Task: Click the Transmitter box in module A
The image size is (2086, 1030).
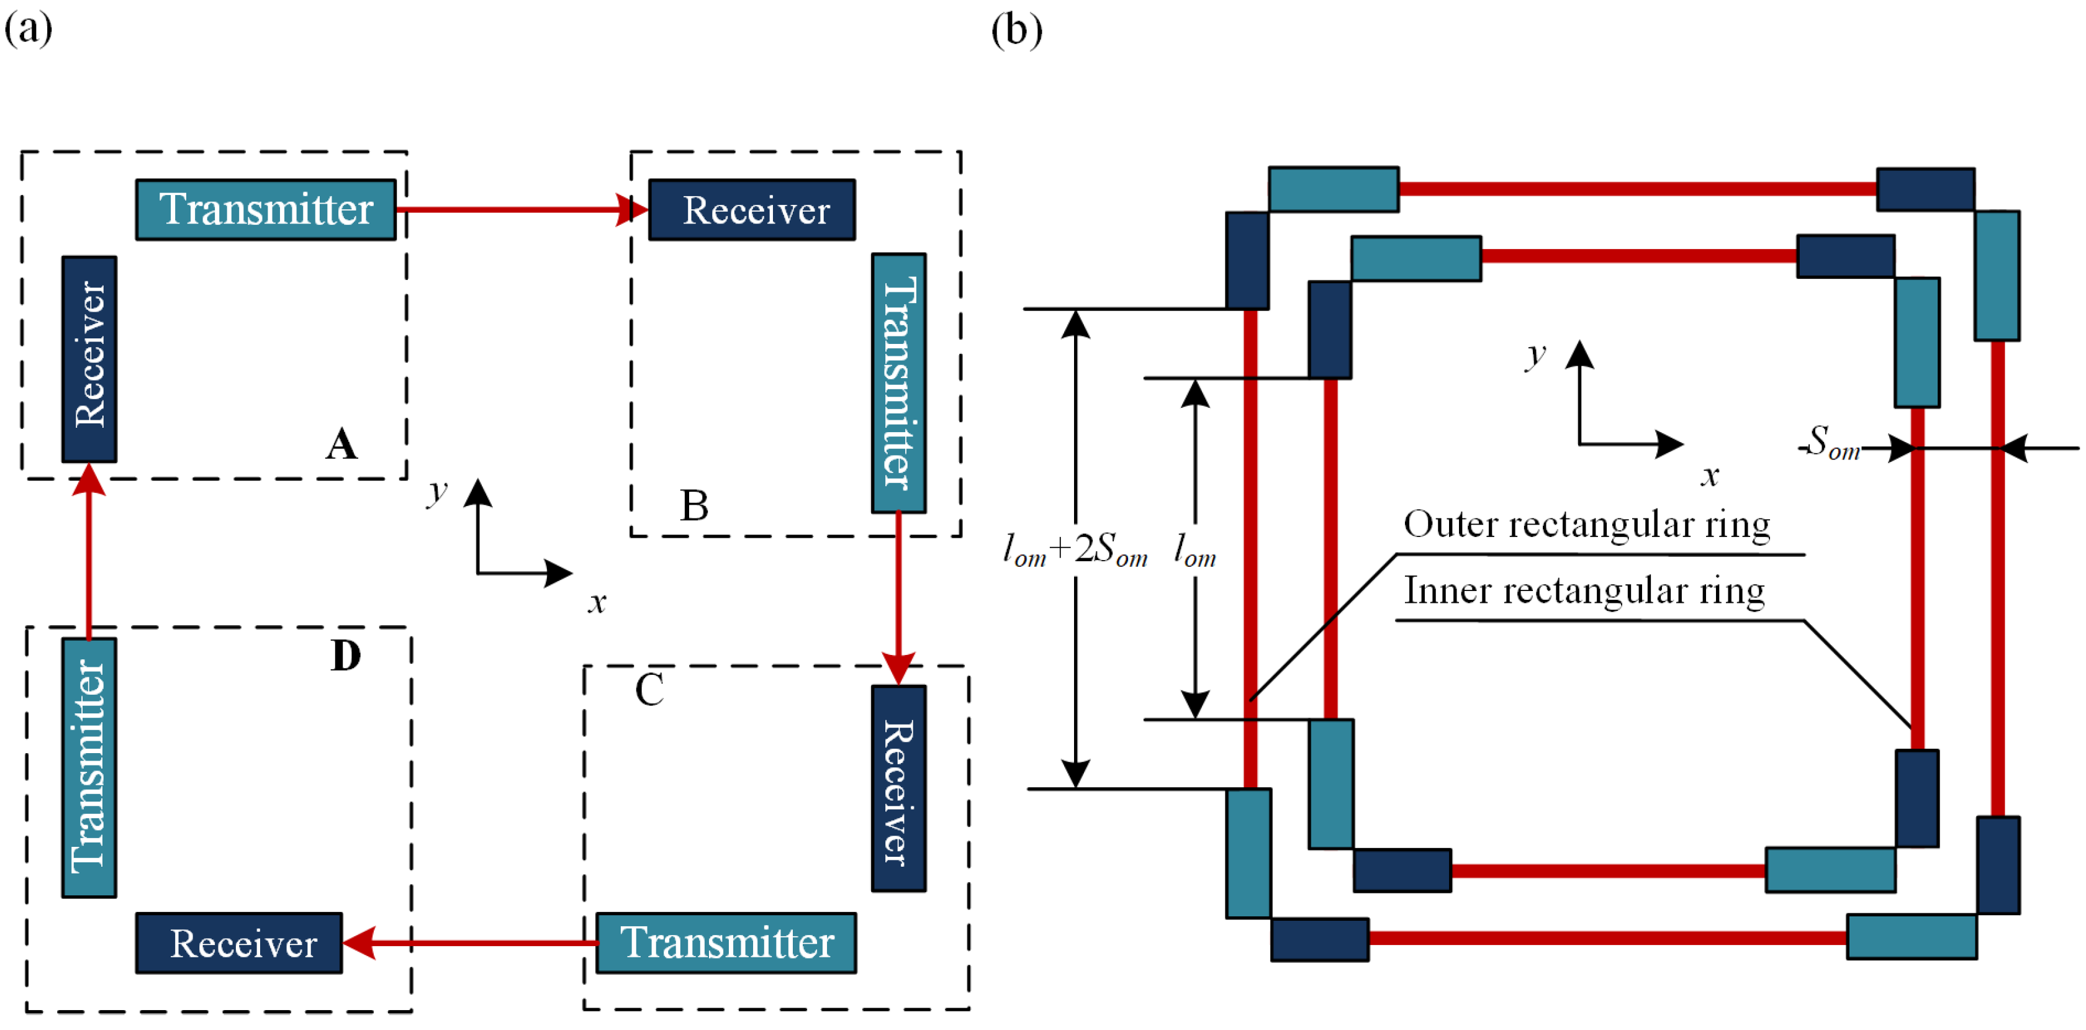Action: coord(266,210)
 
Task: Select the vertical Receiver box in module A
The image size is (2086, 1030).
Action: coord(89,359)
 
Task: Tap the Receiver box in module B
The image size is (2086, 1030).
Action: coord(751,210)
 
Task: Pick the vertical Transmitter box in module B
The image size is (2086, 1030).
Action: coord(899,383)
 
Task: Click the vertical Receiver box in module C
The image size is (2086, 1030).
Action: coord(899,788)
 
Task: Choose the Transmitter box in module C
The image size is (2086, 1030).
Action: coord(726,942)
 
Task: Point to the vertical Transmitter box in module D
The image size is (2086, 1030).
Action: coord(89,767)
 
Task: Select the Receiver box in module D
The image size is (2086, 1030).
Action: coord(239,942)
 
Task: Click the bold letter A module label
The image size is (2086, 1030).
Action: coord(341,445)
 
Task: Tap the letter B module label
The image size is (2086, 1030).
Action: coord(694,506)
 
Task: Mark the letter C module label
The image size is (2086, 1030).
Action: coord(649,690)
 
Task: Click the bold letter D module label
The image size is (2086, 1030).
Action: coord(346,656)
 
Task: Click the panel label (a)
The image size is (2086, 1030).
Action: coord(29,29)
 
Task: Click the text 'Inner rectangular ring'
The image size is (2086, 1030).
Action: coord(1584,591)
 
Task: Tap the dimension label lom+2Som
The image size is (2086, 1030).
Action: coord(1075,550)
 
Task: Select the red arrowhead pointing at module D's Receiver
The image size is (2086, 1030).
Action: coord(359,942)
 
